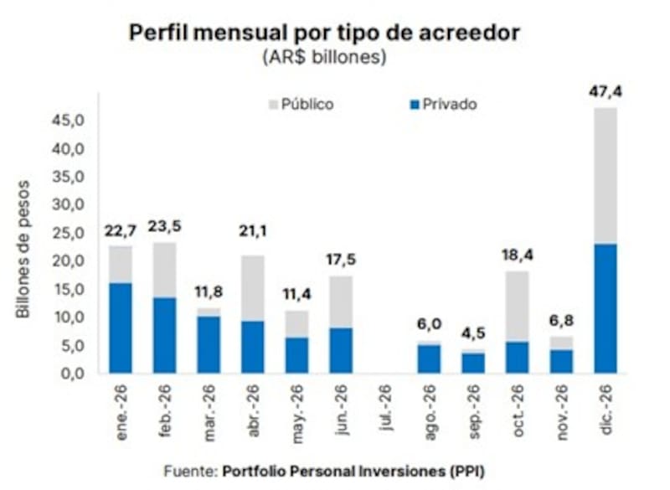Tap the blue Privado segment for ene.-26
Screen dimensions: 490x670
(x=121, y=328)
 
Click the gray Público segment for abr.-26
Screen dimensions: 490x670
(x=252, y=288)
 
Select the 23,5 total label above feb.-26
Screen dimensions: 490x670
(x=164, y=226)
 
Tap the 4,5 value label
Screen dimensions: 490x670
(x=473, y=333)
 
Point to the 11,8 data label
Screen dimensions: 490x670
(x=208, y=291)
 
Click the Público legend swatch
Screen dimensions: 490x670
(x=271, y=106)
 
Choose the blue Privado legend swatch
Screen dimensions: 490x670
(x=412, y=106)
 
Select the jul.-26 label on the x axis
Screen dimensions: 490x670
(x=385, y=407)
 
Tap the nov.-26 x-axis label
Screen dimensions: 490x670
(x=561, y=407)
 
